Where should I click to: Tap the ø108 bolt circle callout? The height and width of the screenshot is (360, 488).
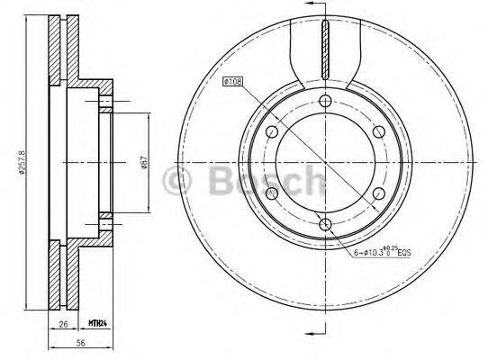(x=233, y=82)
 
